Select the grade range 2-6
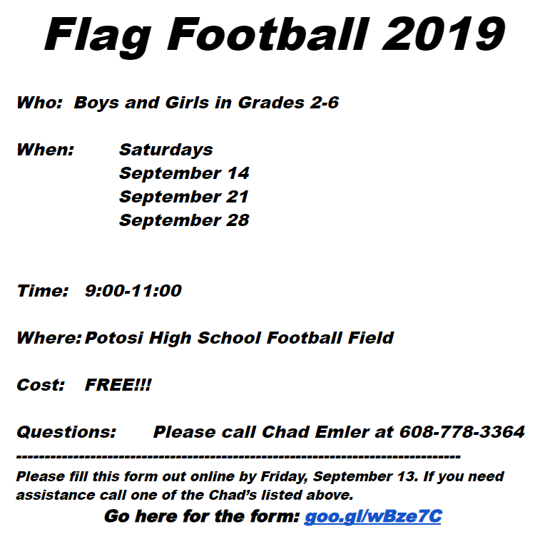point(324,103)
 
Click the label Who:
point(39,103)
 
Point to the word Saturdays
point(165,150)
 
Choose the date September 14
point(184,173)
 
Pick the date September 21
point(184,197)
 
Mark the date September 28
point(184,220)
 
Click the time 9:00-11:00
point(133,291)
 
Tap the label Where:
point(49,338)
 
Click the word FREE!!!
point(118,385)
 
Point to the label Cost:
point(41,385)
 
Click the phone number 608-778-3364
point(462,432)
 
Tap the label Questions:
point(66,432)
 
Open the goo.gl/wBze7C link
point(372,516)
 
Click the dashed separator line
point(238,456)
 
